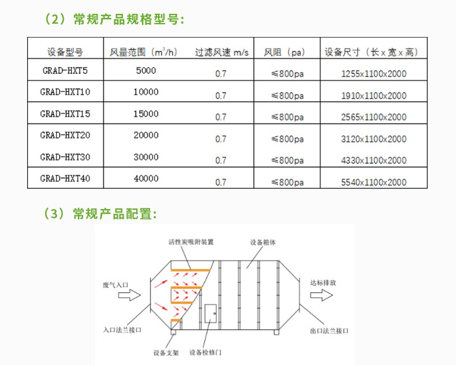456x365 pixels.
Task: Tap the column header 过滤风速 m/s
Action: point(222,52)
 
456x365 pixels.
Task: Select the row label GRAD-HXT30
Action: point(65,157)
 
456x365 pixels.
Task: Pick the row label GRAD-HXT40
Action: point(65,179)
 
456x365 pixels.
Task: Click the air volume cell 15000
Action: point(145,114)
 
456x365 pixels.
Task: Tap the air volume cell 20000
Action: point(145,135)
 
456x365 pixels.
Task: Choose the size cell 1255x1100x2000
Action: point(373,74)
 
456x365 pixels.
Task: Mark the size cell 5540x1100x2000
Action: point(373,182)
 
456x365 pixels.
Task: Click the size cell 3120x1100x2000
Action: point(373,139)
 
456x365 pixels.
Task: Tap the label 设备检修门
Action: point(205,352)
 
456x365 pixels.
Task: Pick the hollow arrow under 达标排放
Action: point(320,296)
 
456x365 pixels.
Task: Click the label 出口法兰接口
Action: point(329,331)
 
